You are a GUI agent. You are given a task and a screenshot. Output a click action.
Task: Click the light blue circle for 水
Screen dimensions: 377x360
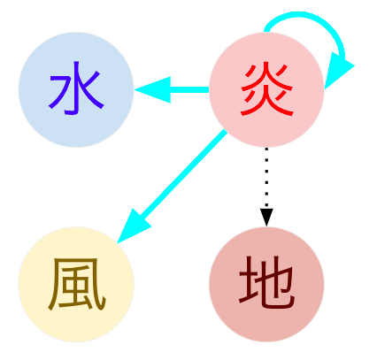click(x=76, y=89)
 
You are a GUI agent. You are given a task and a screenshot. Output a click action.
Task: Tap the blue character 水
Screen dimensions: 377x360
click(x=76, y=88)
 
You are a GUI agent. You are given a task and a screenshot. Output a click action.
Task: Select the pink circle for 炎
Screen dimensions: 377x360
click(x=266, y=89)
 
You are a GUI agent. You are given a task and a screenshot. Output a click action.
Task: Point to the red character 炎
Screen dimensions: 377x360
click(x=267, y=88)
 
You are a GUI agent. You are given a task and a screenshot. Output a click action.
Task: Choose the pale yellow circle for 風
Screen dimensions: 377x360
click(x=76, y=284)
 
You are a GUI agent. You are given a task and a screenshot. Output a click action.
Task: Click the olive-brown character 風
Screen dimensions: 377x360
click(x=77, y=284)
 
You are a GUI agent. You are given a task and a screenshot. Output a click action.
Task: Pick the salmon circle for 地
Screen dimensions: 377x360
click(x=266, y=284)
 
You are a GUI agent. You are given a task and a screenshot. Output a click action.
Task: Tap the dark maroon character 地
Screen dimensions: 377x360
click(x=266, y=282)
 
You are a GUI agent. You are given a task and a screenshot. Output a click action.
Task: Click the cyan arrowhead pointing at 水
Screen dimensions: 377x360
click(x=153, y=89)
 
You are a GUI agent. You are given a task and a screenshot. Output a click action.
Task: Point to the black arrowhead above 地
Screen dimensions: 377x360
click(x=266, y=218)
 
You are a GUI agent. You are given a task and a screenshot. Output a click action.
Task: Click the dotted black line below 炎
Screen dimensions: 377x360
click(x=266, y=178)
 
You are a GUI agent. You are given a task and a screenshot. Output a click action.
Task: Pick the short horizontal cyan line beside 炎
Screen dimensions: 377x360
click(x=189, y=89)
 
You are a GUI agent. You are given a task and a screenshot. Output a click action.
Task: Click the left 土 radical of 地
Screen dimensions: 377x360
click(x=249, y=280)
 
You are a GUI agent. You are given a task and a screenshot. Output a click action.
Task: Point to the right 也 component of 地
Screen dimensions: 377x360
click(x=276, y=282)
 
